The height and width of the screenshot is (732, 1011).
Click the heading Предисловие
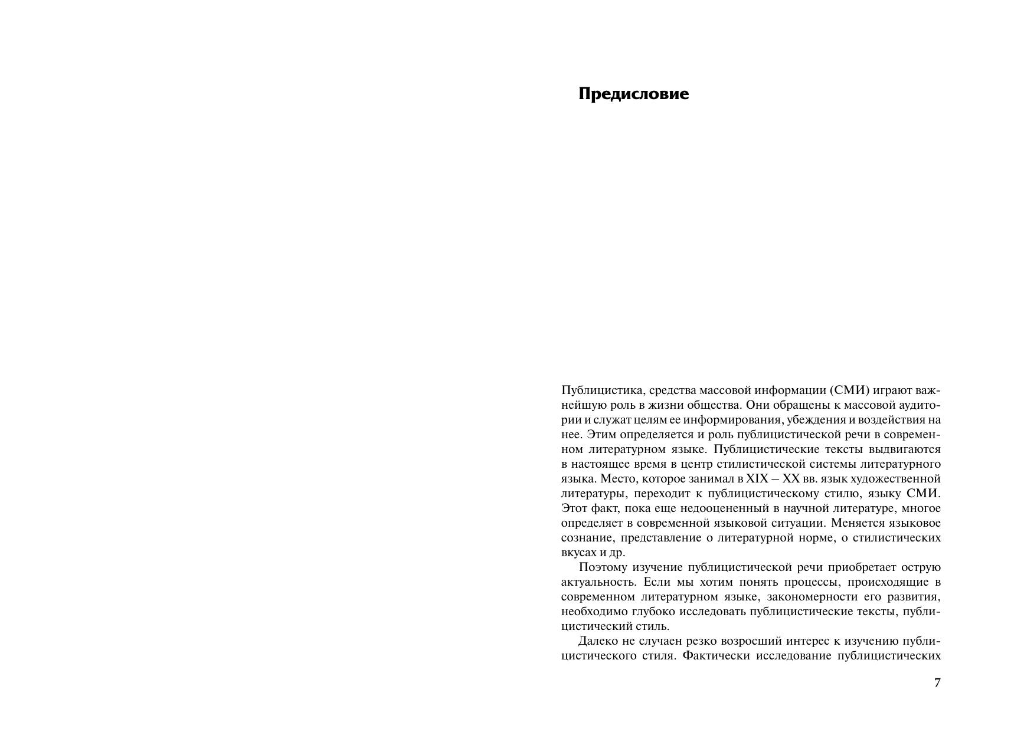pos(633,94)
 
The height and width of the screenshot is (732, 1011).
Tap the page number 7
pos(937,682)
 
